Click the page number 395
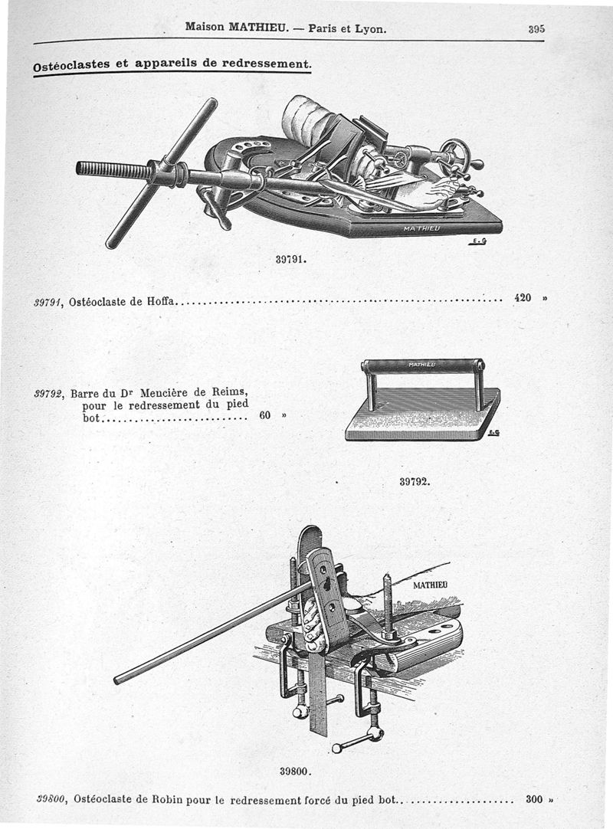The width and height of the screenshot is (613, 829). (x=536, y=29)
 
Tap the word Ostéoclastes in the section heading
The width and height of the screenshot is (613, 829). (x=70, y=67)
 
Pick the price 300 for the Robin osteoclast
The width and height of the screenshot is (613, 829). (x=534, y=799)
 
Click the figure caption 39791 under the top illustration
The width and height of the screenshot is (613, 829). (x=290, y=259)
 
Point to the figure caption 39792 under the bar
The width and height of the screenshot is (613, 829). (x=415, y=482)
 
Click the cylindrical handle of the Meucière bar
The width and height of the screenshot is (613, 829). (x=422, y=365)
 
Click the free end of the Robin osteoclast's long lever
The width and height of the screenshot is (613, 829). (x=118, y=679)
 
